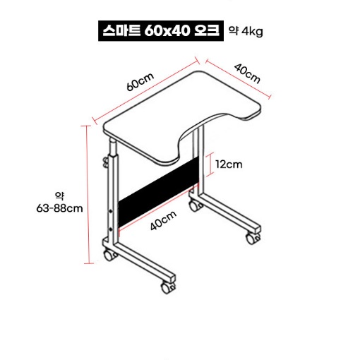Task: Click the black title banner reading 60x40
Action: click(161, 31)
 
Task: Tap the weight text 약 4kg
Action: click(246, 31)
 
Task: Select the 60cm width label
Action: click(140, 81)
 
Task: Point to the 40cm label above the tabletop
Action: click(247, 74)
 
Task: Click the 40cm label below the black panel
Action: click(163, 220)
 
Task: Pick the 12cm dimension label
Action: click(229, 164)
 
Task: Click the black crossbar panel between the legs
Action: click(158, 192)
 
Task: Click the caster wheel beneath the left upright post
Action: click(110, 256)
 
